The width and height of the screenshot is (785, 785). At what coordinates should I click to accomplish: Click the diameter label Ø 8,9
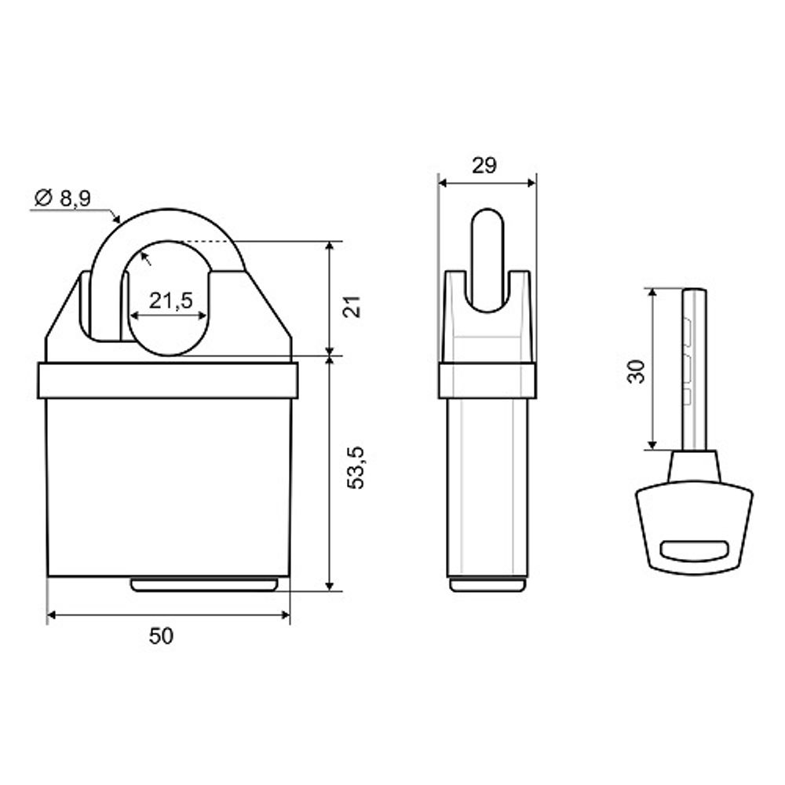tap(63, 199)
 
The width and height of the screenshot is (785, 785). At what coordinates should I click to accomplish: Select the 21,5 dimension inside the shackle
tap(170, 301)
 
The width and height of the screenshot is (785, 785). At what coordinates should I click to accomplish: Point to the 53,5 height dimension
tap(356, 467)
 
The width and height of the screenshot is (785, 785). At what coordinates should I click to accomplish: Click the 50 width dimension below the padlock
tap(161, 636)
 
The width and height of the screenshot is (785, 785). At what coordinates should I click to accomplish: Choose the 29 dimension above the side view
tap(484, 165)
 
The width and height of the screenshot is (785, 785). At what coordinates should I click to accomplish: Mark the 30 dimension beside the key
tap(637, 371)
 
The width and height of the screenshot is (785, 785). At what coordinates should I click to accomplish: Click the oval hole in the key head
tap(693, 549)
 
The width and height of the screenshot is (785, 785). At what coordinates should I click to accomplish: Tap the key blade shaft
tap(694, 370)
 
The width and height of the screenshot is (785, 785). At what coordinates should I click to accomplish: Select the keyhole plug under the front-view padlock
tap(204, 584)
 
